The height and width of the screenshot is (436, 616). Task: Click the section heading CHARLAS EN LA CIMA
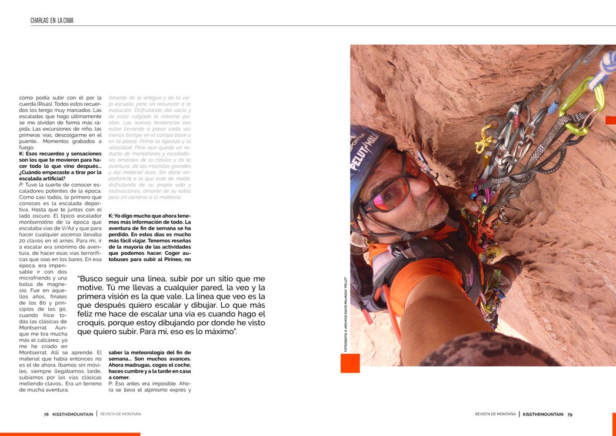pyautogui.click(x=52, y=21)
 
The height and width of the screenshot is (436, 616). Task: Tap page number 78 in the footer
pyautogui.click(x=46, y=414)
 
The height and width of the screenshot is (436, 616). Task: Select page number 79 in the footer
pyautogui.click(x=570, y=414)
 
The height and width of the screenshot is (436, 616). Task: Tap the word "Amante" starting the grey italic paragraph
pyautogui.click(x=120, y=97)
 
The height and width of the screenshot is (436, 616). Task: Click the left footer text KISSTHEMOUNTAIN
pyautogui.click(x=73, y=414)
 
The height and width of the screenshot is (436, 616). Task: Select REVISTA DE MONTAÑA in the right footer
pyautogui.click(x=495, y=414)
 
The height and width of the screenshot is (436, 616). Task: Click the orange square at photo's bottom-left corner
pyautogui.click(x=350, y=363)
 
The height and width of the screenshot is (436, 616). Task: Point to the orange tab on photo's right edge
pyautogui.click(x=610, y=120)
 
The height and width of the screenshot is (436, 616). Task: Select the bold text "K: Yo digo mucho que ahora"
pyautogui.click(x=149, y=216)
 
